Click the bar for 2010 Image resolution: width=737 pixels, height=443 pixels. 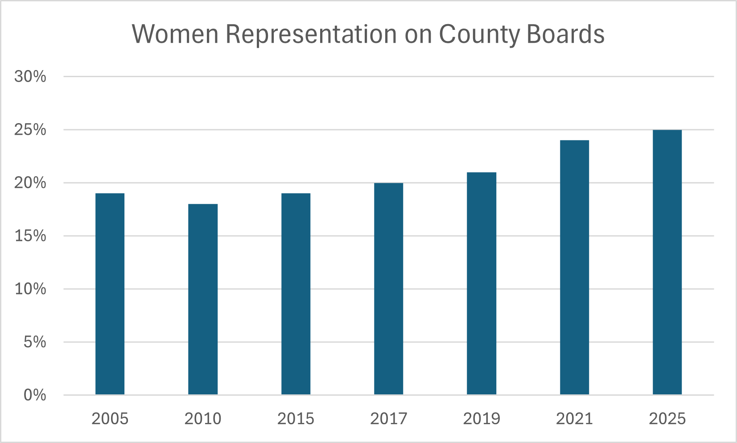coord(203,299)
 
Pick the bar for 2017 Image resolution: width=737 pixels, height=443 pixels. coord(388,289)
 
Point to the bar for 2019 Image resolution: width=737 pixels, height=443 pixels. coord(482,283)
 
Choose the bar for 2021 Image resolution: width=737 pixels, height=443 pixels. coord(574,267)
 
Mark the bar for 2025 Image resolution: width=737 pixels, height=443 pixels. coord(667,262)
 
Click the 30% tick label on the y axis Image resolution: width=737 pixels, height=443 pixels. coord(30,77)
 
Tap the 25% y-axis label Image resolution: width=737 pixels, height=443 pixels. coord(30,130)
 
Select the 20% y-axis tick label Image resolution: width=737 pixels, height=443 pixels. coord(30,183)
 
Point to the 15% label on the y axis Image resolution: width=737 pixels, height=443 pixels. coord(30,236)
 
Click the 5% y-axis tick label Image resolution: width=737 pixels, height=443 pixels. coord(35,342)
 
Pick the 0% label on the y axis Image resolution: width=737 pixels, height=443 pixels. coord(35,395)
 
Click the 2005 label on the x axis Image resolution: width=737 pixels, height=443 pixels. coord(110,419)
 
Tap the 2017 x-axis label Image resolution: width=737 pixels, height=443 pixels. coord(388,419)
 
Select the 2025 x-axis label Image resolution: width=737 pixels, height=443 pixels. coord(667,419)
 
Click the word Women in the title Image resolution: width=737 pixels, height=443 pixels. coord(175,34)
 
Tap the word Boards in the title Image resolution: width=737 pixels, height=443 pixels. coord(565,34)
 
